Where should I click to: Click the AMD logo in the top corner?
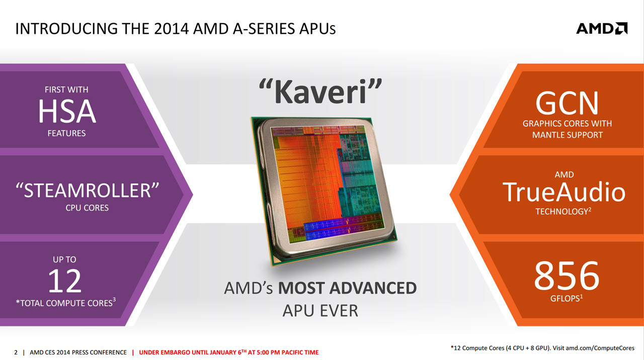pos(602,29)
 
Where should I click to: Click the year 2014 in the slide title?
pos(171,29)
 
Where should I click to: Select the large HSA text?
pos(67,111)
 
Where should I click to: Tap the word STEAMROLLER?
pos(87,190)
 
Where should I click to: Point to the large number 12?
pos(65,281)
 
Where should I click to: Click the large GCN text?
pos(567,103)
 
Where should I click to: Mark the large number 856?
pos(567,276)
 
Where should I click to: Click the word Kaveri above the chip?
pos(320,92)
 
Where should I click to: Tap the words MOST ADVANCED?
pos(347,288)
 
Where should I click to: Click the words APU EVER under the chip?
pos(320,311)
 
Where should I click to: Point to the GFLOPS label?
pos(565,299)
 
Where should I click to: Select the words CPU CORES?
pos(87,208)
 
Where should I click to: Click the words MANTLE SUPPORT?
pos(567,135)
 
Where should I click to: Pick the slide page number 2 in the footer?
pos(16,352)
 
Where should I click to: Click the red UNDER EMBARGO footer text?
pos(228,352)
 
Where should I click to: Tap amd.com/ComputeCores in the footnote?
pos(600,348)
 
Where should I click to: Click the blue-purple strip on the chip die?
pos(344,228)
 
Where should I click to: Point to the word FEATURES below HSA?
pos(66,133)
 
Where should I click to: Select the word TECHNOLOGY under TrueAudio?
pos(561,212)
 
